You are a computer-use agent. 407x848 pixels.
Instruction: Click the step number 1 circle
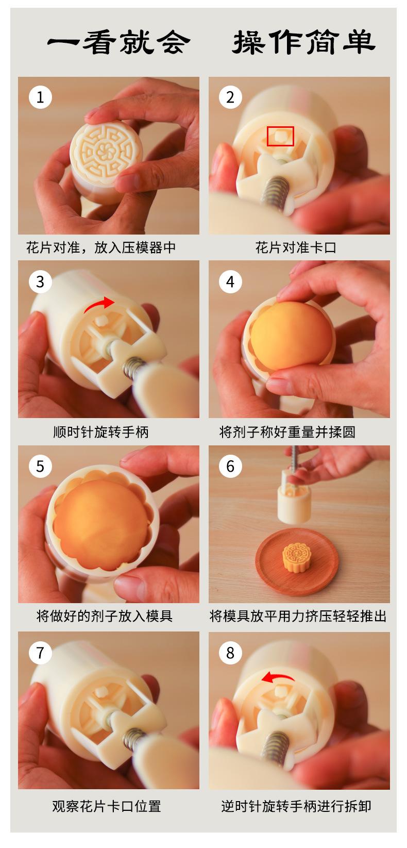(x=40, y=97)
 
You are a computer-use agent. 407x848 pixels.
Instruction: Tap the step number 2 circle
(x=230, y=97)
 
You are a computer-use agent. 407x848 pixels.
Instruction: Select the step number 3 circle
(x=40, y=281)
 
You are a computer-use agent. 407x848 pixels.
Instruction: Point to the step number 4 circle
(x=230, y=281)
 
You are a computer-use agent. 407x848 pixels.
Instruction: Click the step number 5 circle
(x=40, y=466)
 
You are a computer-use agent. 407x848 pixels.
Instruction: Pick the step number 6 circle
(x=230, y=466)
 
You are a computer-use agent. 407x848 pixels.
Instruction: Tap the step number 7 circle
(x=40, y=652)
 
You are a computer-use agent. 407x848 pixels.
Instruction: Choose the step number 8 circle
(x=230, y=652)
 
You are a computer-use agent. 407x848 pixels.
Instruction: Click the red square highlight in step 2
(x=280, y=136)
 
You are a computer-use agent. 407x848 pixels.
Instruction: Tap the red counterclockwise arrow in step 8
(x=277, y=676)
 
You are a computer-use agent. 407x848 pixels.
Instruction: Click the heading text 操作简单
(x=303, y=42)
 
